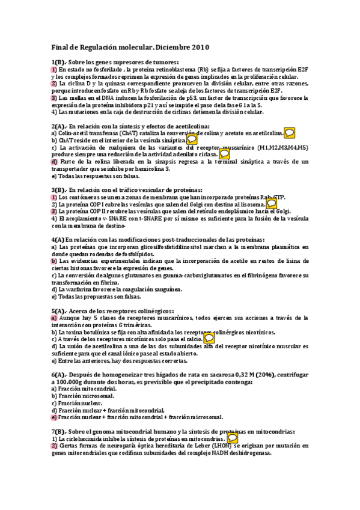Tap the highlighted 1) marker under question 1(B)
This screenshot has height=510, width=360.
pos(54,70)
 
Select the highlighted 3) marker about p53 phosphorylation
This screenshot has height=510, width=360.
pos(54,97)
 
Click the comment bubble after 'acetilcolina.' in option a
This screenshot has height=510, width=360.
pos(289,132)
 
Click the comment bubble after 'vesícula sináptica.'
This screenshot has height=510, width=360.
pos(192,140)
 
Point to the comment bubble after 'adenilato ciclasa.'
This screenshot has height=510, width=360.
pos(224,154)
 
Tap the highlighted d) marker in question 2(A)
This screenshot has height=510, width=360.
pos(54,162)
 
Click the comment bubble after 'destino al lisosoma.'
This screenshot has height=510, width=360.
pos(272,204)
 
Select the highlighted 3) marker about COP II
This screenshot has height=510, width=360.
pos(54,211)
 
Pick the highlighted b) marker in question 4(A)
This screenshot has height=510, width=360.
pos(54,261)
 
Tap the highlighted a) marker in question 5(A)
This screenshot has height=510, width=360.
pos(54,318)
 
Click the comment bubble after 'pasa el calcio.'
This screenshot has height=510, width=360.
pos(209,339)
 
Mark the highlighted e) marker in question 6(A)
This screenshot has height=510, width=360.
pos(54,417)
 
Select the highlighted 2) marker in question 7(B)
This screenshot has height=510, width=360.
pos(54,446)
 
